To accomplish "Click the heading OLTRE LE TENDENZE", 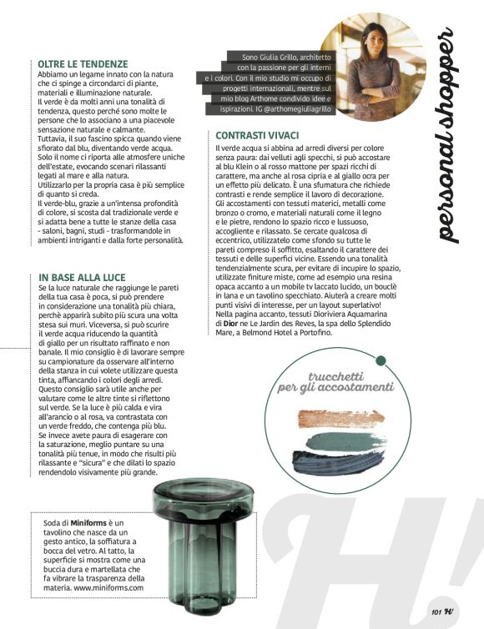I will (83, 63).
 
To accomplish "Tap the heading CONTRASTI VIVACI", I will (256, 135).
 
